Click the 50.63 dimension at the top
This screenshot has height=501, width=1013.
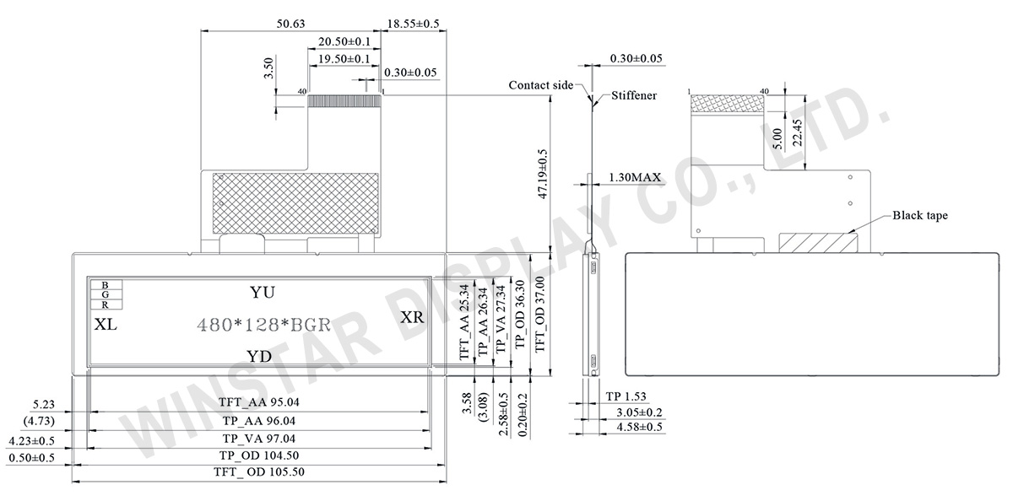click(x=290, y=24)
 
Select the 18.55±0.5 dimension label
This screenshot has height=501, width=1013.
click(x=413, y=24)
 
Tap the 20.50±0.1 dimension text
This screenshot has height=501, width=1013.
click(x=344, y=41)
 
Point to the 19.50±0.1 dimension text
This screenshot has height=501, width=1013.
click(x=344, y=58)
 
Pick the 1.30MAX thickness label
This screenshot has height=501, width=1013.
click(x=635, y=179)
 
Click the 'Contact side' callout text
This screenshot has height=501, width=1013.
click(x=540, y=85)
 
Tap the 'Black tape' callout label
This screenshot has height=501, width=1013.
click(x=920, y=216)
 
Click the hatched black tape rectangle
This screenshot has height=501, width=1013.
click(x=817, y=242)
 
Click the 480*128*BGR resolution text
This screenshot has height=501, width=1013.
click(x=263, y=325)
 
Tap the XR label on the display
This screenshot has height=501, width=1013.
click(x=412, y=317)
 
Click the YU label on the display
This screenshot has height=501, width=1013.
click(x=263, y=292)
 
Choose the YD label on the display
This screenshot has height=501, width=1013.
click(x=258, y=356)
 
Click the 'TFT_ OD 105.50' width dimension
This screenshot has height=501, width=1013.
click(x=260, y=473)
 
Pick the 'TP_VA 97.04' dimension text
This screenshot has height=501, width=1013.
click(x=258, y=439)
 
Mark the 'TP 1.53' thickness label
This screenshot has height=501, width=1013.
click(x=626, y=396)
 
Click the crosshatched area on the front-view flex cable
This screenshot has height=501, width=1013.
click(x=294, y=200)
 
